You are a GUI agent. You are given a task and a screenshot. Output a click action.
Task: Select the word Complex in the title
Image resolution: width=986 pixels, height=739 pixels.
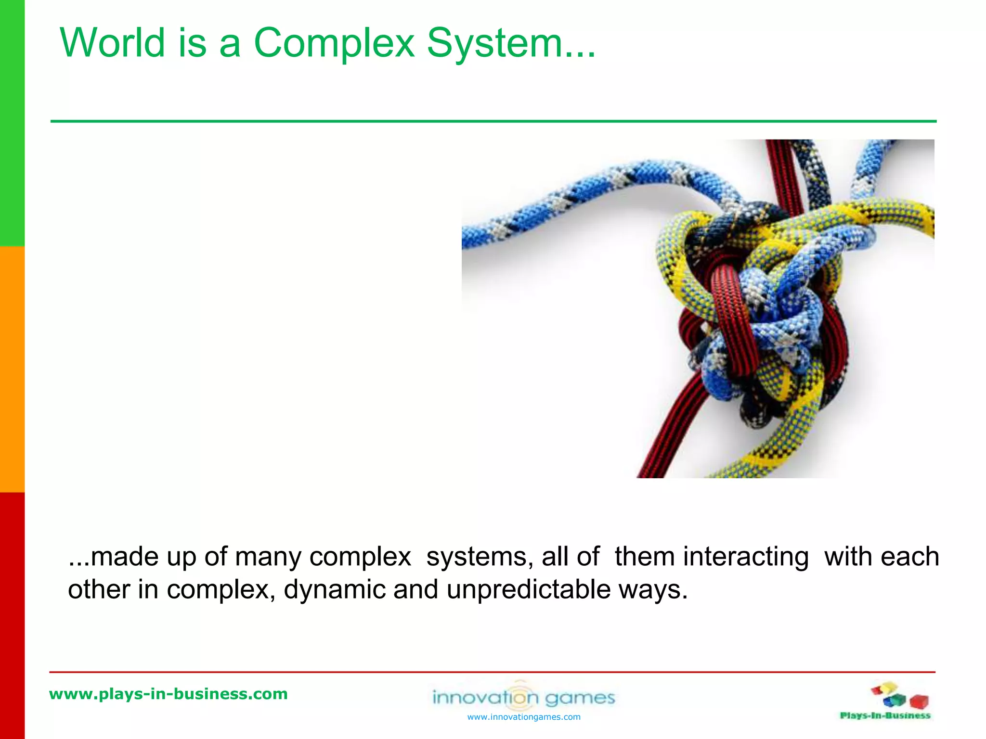click(x=334, y=43)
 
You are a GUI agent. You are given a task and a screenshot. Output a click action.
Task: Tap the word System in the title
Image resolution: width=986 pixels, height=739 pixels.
click(x=495, y=43)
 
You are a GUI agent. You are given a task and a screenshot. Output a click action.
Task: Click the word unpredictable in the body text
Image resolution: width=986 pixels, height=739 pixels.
click(x=528, y=590)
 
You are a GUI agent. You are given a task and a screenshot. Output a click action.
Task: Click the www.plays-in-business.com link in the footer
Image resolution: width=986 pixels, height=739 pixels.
click(x=169, y=694)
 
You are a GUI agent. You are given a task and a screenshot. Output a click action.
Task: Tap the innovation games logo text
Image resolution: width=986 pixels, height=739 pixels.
click(x=524, y=697)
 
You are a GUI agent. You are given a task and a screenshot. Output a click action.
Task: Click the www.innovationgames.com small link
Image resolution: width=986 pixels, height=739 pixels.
click(x=524, y=717)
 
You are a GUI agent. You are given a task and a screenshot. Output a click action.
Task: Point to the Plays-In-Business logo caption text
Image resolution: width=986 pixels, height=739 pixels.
click(x=885, y=716)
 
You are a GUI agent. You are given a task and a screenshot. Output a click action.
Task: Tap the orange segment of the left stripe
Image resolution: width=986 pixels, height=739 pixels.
click(x=12, y=369)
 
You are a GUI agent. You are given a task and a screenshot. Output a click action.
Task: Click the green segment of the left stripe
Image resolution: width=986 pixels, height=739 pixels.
click(x=12, y=123)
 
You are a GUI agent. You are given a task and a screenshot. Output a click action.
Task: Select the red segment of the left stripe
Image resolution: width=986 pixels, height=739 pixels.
click(x=12, y=616)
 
